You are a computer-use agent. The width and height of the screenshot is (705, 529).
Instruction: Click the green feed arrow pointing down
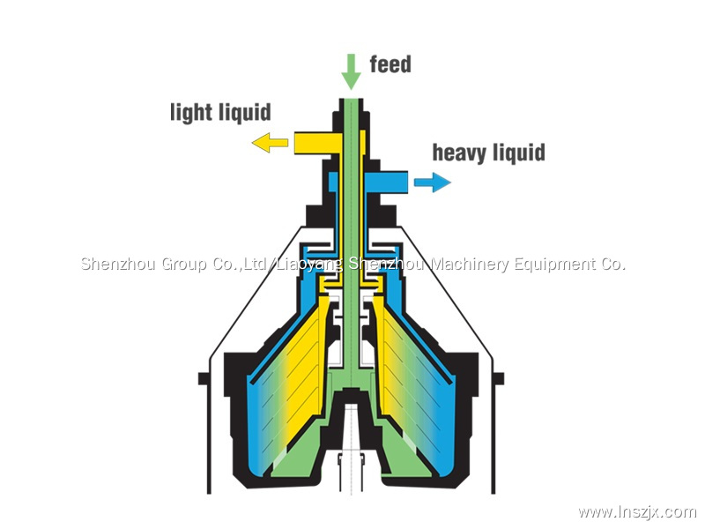click(351, 70)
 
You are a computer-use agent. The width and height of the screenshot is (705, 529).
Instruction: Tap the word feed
click(390, 64)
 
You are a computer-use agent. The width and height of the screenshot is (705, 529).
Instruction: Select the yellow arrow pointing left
click(270, 141)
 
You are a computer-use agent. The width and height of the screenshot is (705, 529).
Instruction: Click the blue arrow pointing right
click(433, 183)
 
